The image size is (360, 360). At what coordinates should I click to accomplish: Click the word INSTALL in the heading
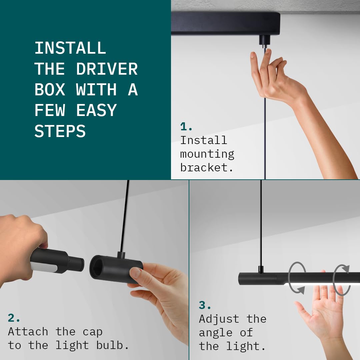pyautogui.click(x=70, y=48)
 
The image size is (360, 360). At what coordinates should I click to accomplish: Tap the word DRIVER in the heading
pyautogui.click(x=107, y=69)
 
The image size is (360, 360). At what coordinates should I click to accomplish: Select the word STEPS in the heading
pyautogui.click(x=60, y=131)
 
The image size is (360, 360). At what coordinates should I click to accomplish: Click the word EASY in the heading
pyautogui.click(x=96, y=110)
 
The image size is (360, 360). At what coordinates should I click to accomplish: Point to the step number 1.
pyautogui.click(x=186, y=127)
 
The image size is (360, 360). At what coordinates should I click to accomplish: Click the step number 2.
pyautogui.click(x=14, y=318)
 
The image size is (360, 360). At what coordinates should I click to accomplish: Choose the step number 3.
pyautogui.click(x=205, y=305)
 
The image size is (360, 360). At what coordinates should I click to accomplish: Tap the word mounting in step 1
pyautogui.click(x=207, y=154)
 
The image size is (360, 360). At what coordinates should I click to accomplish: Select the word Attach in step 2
pyautogui.click(x=28, y=332)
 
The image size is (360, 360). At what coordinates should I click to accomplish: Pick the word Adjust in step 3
pyautogui.click(x=219, y=319)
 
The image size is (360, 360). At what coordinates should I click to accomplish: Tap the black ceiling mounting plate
pyautogui.click(x=226, y=24)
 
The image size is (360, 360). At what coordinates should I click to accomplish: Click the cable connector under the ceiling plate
pyautogui.click(x=265, y=41)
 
